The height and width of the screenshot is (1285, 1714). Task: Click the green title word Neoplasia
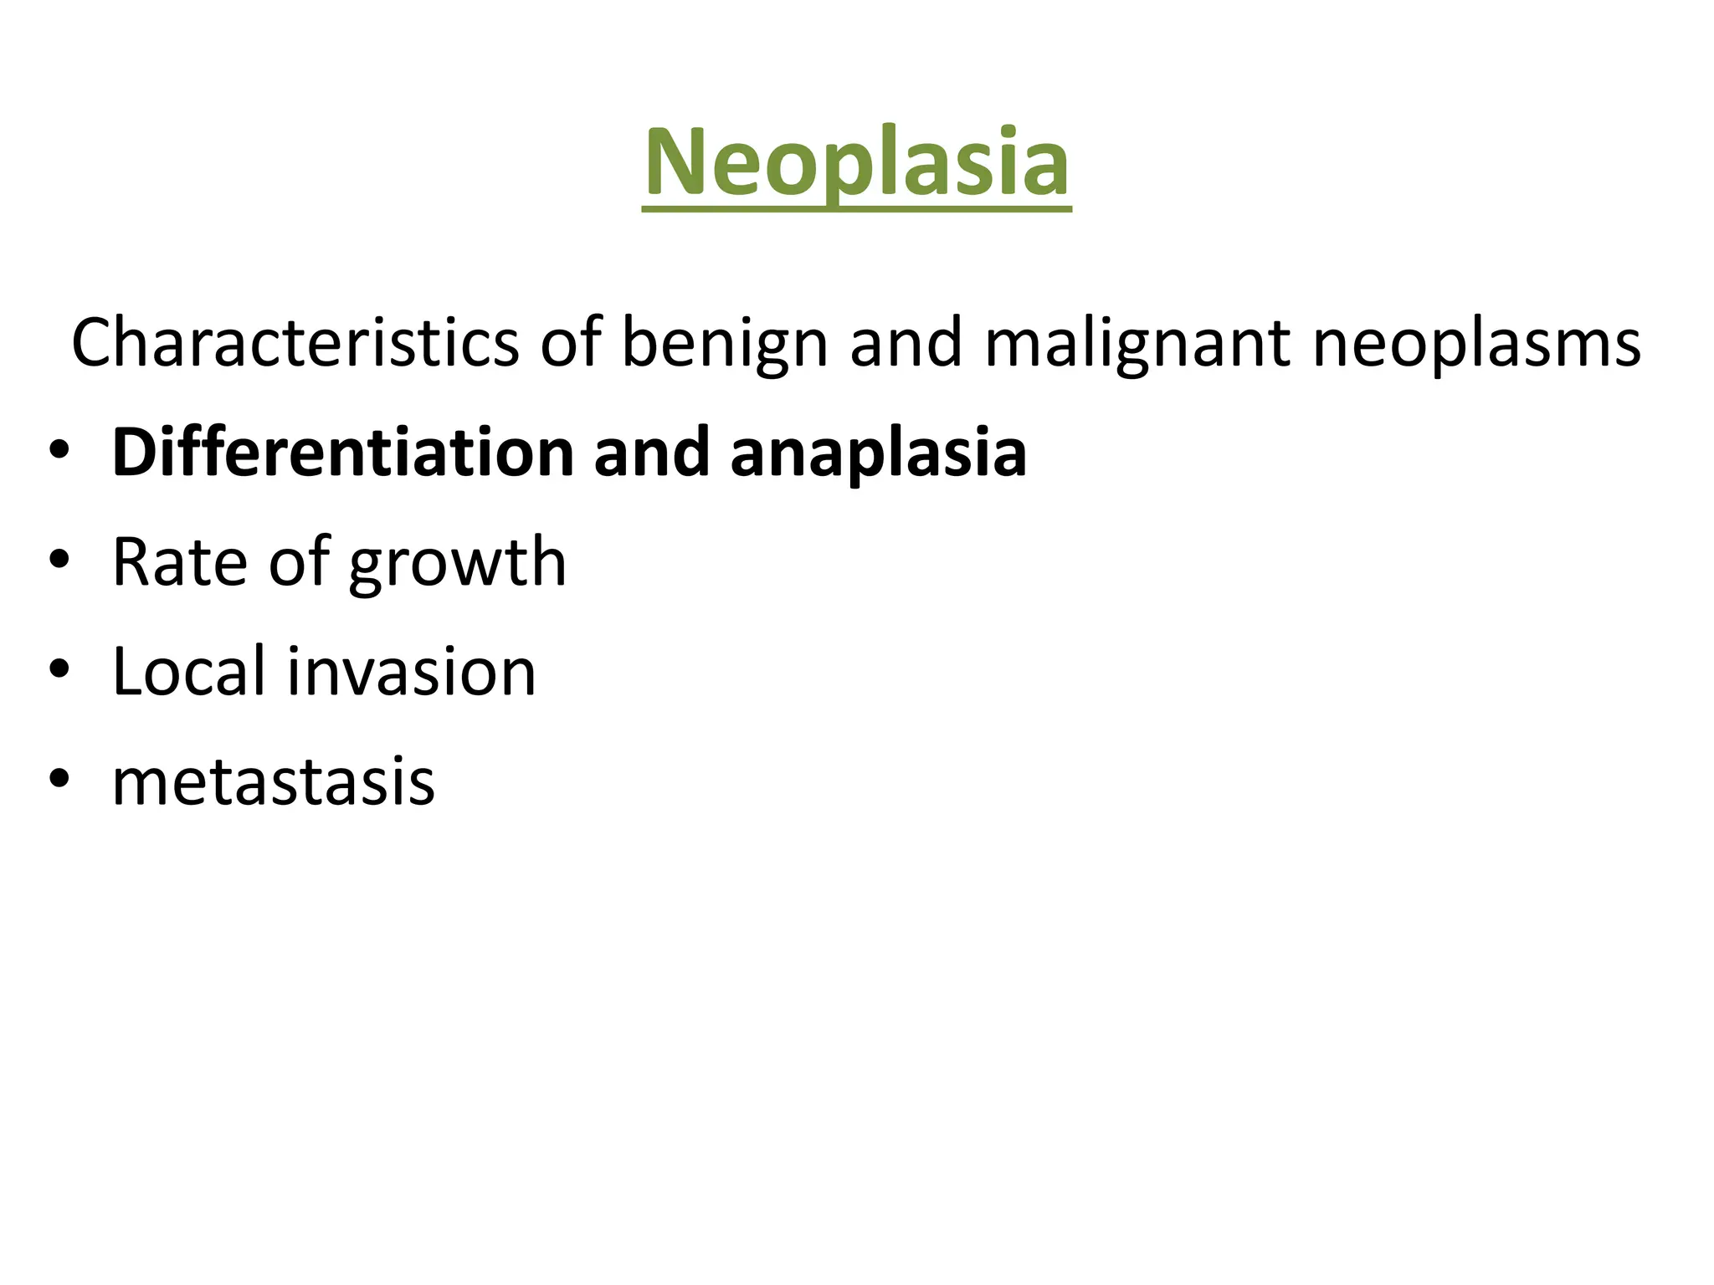[856, 162]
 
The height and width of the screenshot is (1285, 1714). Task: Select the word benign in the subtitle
[725, 344]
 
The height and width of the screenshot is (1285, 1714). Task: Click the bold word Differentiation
[343, 453]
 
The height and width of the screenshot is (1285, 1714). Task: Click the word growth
[457, 563]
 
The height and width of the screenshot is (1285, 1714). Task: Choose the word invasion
[411, 671]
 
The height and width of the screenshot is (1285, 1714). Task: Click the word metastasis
[273, 781]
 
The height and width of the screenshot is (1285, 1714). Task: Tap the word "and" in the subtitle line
[906, 342]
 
